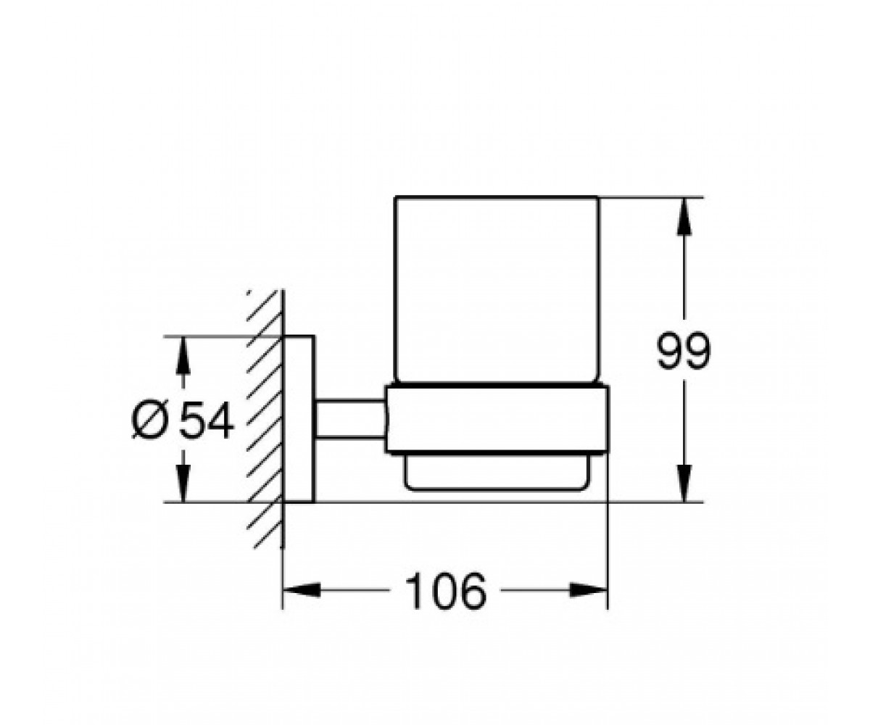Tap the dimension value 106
tap(445, 590)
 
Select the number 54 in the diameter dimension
tap(206, 420)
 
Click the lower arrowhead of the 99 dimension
tap(684, 484)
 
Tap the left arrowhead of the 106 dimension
tap(302, 590)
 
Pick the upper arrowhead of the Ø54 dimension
tap(183, 355)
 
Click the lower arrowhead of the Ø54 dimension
tap(183, 484)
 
